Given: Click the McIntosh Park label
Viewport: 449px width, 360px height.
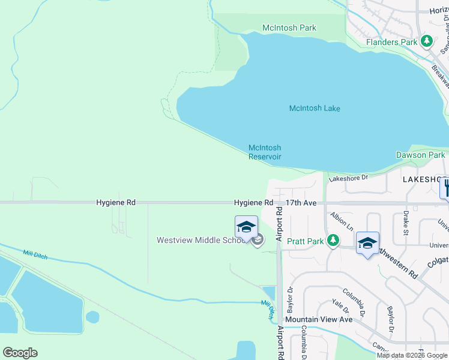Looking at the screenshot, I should pos(289,28).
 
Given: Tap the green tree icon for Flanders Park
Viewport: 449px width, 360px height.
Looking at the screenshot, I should pos(427,41).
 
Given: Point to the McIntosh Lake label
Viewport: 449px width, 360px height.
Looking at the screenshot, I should pos(315,109).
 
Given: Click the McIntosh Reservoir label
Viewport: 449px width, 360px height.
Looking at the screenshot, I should pos(265,152).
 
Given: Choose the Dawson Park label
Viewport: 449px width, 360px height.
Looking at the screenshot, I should pos(421,155).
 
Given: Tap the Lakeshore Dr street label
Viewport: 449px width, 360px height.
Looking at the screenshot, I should pos(348,178).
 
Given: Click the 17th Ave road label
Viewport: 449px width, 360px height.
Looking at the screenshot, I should pos(301,203).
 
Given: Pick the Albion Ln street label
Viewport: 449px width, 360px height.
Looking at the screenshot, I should pos(342,221).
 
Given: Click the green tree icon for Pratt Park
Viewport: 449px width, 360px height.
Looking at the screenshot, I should pos(331,241).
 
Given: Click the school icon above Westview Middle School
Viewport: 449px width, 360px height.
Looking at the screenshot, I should pos(246,227).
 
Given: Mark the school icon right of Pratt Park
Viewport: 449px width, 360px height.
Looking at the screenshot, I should pos(367,242).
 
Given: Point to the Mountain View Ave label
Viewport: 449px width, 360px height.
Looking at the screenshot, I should pos(319,319).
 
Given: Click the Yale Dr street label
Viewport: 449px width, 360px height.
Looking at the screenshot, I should pos(341,307).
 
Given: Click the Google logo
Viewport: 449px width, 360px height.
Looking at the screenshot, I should pos(20,353).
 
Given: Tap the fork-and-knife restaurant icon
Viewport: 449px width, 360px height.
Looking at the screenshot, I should pos(445,187).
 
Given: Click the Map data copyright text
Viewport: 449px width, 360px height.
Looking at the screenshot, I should pos(412,355).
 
